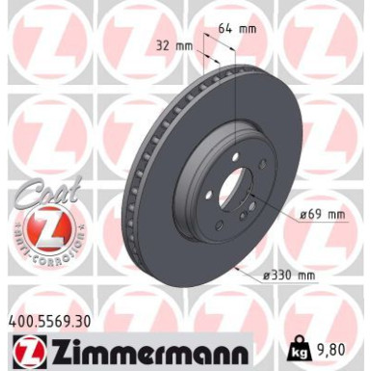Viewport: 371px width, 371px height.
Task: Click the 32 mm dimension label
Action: click(x=172, y=43)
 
